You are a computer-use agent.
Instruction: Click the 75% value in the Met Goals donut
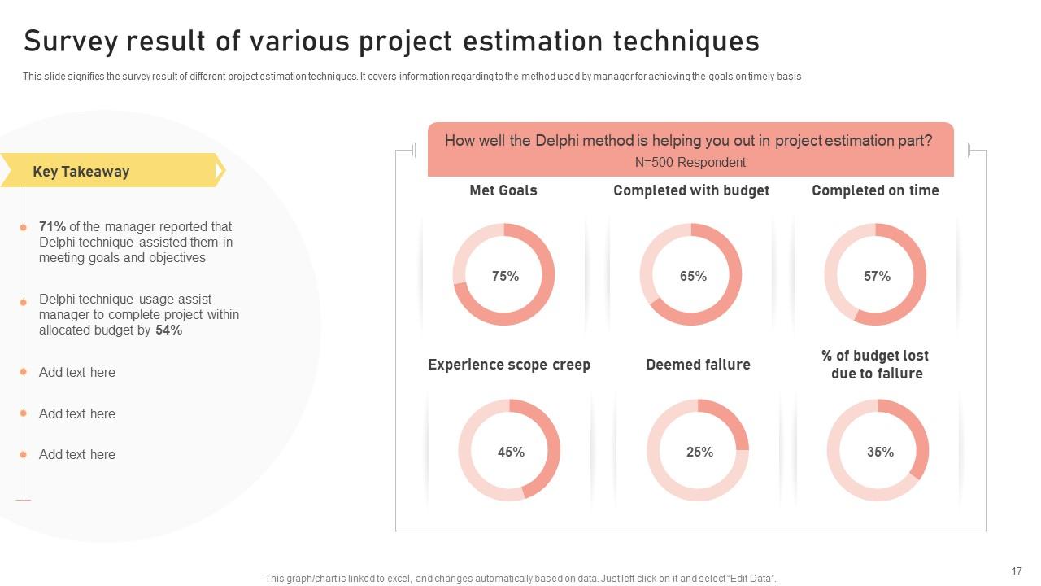click(505, 276)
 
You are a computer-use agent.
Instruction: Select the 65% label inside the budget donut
click(693, 276)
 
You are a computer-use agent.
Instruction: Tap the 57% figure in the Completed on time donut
click(877, 276)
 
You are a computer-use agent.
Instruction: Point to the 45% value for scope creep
click(511, 452)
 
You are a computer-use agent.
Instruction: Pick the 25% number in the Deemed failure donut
click(699, 452)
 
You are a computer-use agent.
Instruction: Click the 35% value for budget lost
click(880, 452)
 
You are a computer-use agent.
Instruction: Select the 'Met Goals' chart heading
click(503, 190)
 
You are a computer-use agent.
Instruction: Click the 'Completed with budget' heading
click(691, 190)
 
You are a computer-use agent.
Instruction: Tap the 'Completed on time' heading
click(875, 190)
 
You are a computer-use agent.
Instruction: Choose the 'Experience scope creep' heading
click(509, 365)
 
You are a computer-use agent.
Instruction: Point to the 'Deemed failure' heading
click(698, 365)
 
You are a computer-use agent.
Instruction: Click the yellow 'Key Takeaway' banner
click(81, 172)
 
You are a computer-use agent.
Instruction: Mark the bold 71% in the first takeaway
click(52, 227)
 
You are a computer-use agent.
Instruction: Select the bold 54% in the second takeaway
click(168, 330)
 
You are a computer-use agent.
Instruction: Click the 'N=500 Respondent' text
click(690, 162)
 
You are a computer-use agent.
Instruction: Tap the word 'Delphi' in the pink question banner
click(557, 141)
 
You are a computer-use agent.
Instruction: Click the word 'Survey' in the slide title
click(71, 41)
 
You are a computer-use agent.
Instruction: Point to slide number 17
click(1016, 571)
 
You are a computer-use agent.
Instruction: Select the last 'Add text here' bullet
click(77, 454)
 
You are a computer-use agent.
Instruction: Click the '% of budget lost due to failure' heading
click(875, 365)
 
